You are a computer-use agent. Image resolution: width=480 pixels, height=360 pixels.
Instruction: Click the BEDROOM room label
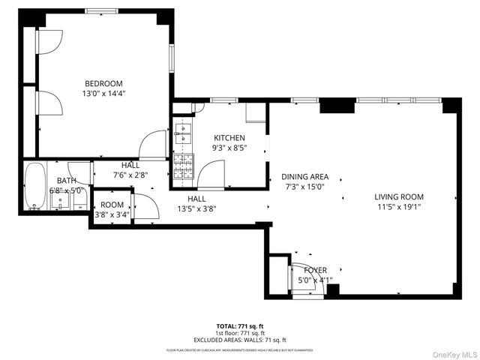(103, 83)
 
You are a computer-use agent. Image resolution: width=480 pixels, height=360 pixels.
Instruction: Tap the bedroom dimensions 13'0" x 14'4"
(103, 94)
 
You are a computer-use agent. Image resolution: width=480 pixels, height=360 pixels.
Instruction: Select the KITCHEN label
(229, 138)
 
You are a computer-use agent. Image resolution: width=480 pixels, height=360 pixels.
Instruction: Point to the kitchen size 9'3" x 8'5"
(229, 148)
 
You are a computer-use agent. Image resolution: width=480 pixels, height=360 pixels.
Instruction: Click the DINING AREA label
(305, 177)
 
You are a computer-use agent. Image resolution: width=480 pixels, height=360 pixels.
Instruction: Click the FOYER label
(315, 270)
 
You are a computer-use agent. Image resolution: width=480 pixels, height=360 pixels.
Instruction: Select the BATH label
(66, 181)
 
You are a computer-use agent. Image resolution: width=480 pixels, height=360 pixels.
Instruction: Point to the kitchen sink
(182, 133)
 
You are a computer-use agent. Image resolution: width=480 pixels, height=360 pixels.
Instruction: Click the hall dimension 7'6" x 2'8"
(130, 175)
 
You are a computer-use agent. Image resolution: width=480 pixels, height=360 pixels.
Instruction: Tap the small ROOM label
(112, 204)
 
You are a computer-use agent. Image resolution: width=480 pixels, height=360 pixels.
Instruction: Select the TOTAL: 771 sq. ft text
(239, 326)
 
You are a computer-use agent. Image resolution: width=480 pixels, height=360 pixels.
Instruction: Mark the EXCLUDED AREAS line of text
(239, 340)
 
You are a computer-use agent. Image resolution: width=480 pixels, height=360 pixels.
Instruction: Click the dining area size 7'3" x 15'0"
(305, 187)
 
